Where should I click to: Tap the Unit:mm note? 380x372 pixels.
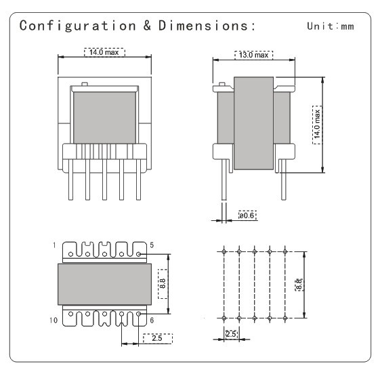pyautogui.click(x=330, y=27)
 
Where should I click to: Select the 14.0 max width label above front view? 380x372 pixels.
pyautogui.click(x=104, y=52)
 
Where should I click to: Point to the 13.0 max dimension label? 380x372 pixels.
pyautogui.click(x=253, y=54)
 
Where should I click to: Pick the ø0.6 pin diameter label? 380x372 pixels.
pyautogui.click(x=247, y=216)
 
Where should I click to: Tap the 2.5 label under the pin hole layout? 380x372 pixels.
pyautogui.click(x=230, y=334)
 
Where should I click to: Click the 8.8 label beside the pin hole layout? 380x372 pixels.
pyautogui.click(x=298, y=285)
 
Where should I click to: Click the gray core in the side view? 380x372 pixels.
pyautogui.click(x=253, y=124)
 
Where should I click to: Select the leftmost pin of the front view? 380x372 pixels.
pyautogui.click(x=71, y=181)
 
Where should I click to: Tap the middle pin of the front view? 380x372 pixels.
pyautogui.click(x=105, y=181)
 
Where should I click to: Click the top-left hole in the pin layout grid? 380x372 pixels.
pyautogui.click(x=223, y=251)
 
